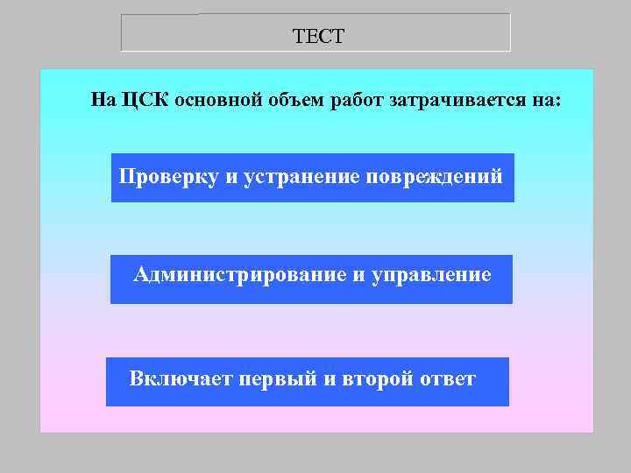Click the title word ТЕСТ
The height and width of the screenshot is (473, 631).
tap(319, 37)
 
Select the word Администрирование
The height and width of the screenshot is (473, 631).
tap(239, 275)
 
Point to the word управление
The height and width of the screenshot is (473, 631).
tap(432, 275)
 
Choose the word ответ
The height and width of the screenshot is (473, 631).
tap(447, 379)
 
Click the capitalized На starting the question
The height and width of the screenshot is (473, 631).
tap(103, 100)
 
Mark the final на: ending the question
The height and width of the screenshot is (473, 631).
tap(544, 100)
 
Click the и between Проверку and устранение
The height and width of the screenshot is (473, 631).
tap(231, 176)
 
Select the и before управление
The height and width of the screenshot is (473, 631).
tap(359, 275)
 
